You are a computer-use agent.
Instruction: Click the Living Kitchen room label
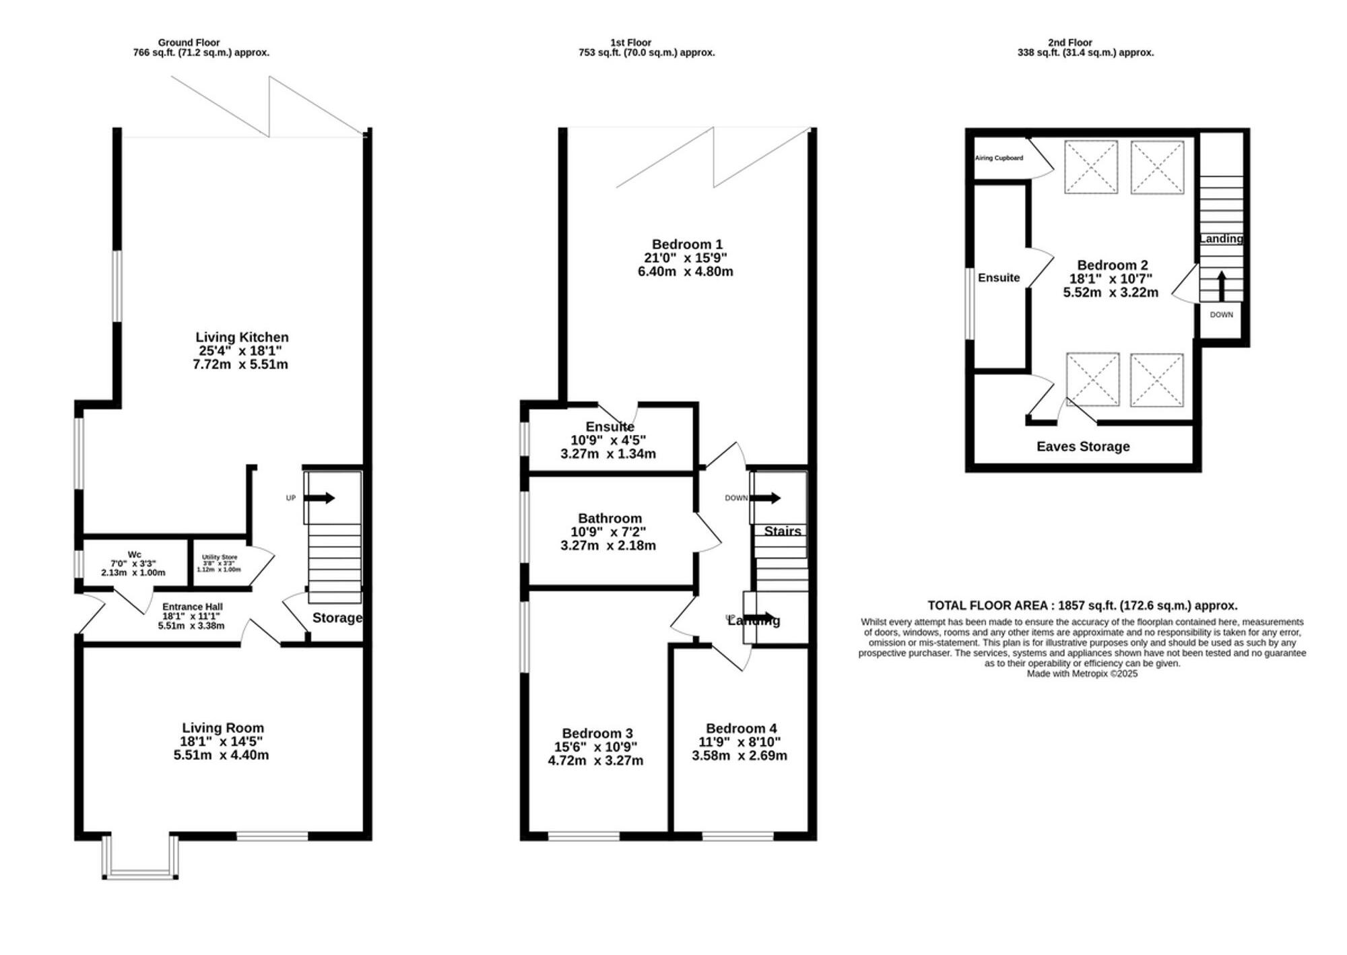242,337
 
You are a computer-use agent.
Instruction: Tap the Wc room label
134,555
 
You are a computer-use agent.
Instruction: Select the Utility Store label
220,558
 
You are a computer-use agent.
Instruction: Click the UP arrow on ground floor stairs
321,498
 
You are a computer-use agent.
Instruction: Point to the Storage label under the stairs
337,618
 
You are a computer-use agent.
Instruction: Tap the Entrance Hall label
192,607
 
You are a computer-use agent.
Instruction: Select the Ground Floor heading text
189,42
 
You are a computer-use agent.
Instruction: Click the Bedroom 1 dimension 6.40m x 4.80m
685,272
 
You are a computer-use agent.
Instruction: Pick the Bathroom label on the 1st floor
610,519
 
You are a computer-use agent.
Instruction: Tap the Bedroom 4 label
741,729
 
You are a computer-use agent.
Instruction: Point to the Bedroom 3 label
597,733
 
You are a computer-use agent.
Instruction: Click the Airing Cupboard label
999,158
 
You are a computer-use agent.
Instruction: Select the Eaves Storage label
1082,447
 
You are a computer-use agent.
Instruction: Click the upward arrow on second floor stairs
1221,286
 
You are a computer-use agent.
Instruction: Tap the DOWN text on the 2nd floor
1221,315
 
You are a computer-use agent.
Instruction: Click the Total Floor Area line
1082,605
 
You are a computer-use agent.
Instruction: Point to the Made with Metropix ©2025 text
1082,673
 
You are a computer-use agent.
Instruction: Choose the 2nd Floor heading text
1070,42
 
